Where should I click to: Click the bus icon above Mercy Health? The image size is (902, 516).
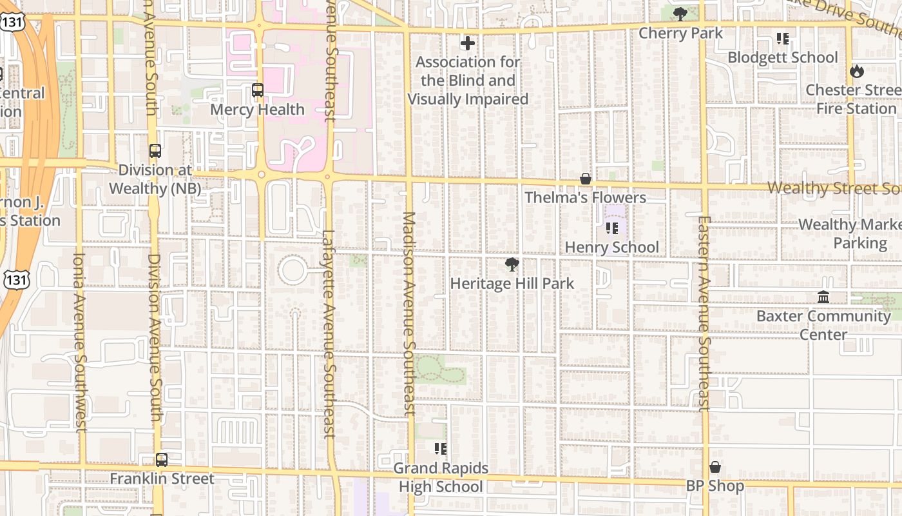coord(258,90)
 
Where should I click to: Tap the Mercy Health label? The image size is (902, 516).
coord(257,110)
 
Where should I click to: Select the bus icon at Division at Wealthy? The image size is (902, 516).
coord(155,151)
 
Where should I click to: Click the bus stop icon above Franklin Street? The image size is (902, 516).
coord(162,460)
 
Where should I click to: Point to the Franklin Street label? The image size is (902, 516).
coord(162,479)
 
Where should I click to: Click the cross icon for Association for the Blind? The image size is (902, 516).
coord(468,43)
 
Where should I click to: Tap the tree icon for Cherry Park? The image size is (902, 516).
coord(680,14)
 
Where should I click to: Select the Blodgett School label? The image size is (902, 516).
coord(782,57)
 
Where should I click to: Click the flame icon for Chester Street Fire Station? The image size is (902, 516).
coord(856,71)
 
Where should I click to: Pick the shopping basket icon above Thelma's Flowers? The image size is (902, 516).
coord(586,179)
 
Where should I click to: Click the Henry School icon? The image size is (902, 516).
coord(612,228)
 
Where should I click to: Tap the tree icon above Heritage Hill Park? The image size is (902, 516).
coord(512,264)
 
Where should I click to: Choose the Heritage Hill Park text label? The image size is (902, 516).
coord(512,283)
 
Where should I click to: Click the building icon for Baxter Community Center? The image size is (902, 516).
coord(823,297)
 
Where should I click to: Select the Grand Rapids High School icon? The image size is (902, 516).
coord(441,449)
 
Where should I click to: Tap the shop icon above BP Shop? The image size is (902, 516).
coord(715,467)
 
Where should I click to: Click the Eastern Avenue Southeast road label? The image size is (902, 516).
coord(703,313)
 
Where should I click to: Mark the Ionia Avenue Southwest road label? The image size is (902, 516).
coord(79,342)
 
